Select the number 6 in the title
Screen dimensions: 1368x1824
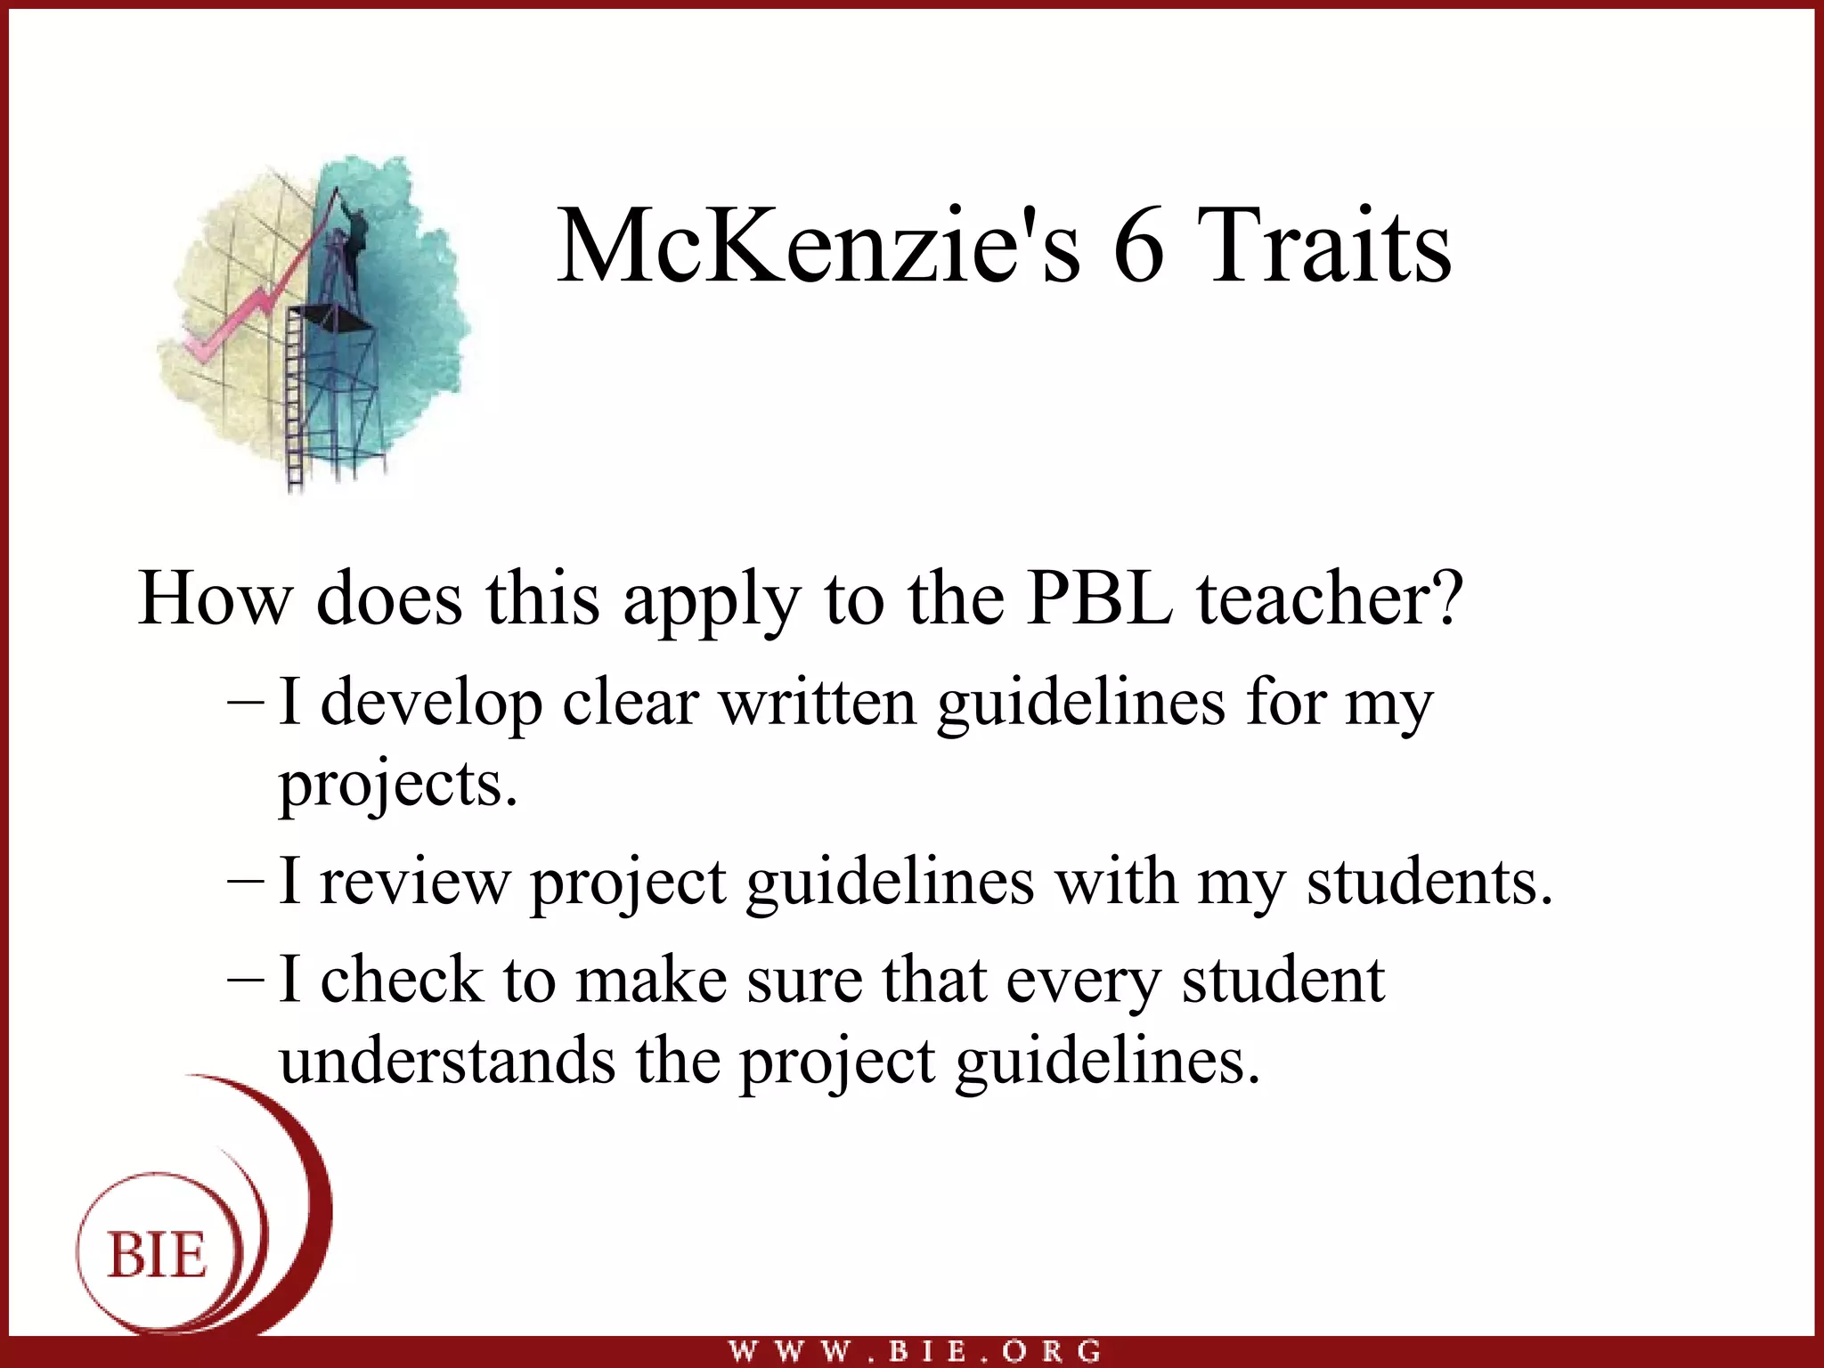tap(1138, 246)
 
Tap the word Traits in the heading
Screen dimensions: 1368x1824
tap(1323, 246)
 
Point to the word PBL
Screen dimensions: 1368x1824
tap(1099, 598)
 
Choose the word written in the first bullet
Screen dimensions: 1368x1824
tap(818, 704)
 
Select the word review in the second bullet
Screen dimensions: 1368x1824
tap(415, 883)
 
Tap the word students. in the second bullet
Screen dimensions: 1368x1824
tap(1429, 882)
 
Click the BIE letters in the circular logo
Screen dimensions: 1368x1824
tap(158, 1256)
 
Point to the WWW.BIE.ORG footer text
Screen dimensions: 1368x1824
tap(915, 1351)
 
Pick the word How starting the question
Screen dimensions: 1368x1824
tap(215, 598)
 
